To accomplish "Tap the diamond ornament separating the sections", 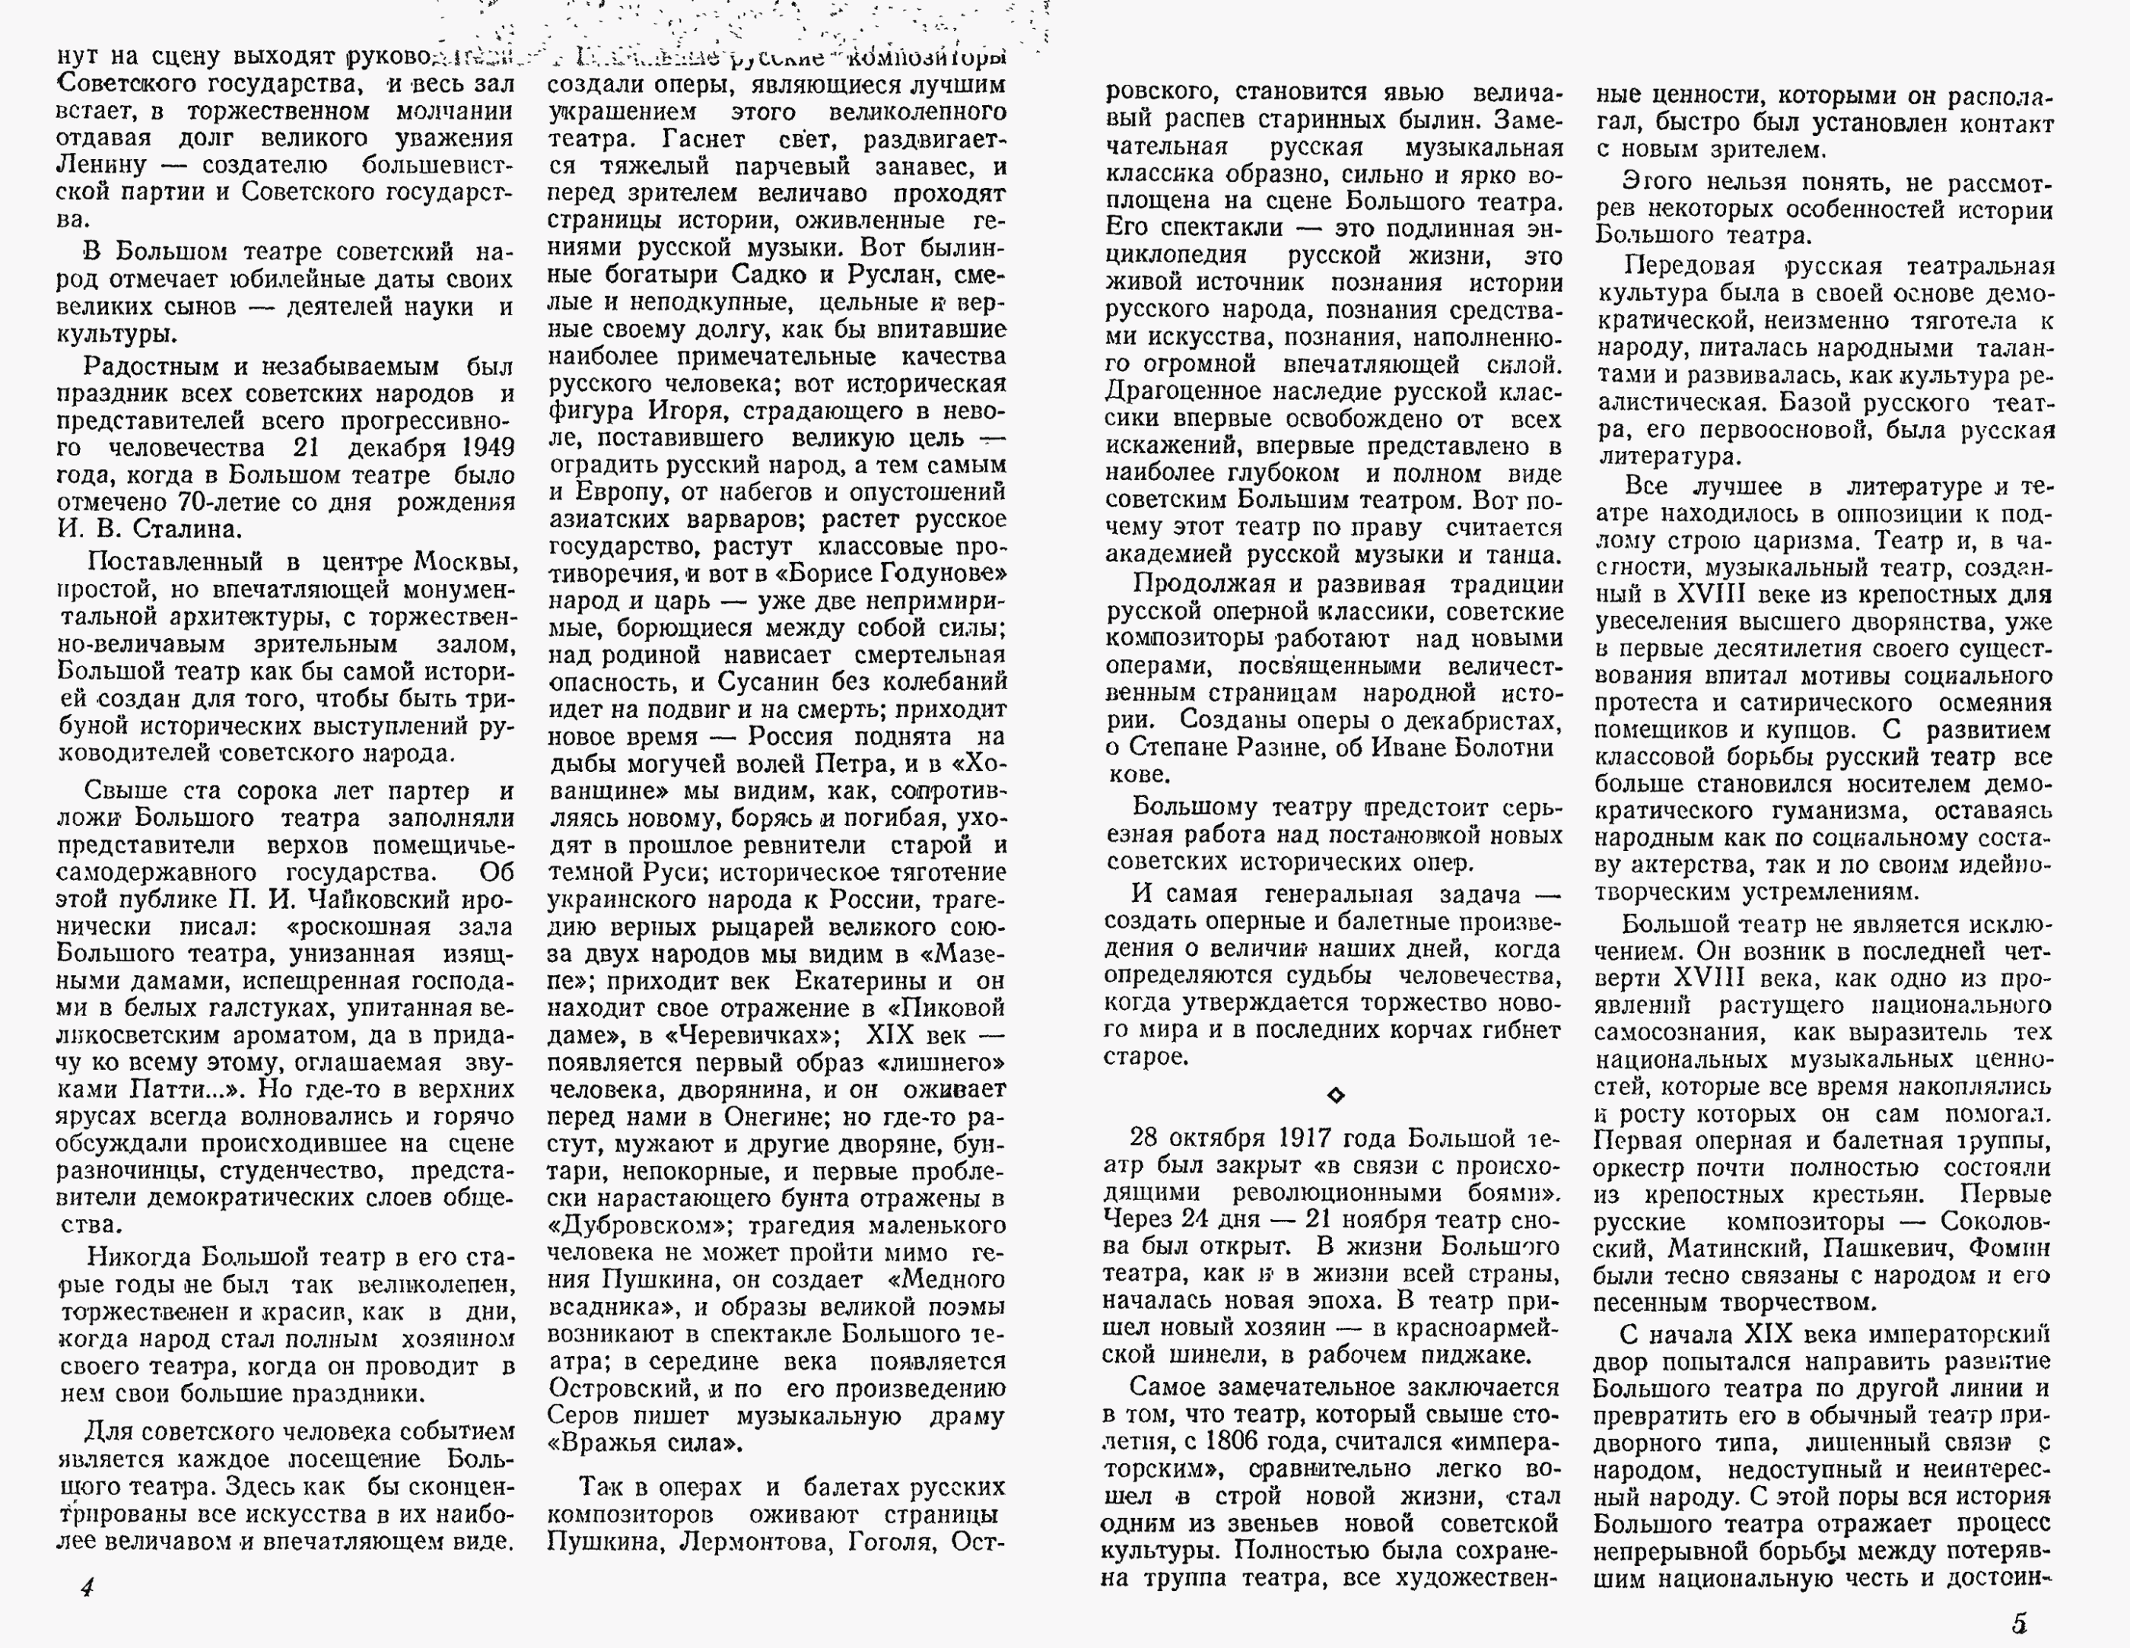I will click(x=1335, y=1095).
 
